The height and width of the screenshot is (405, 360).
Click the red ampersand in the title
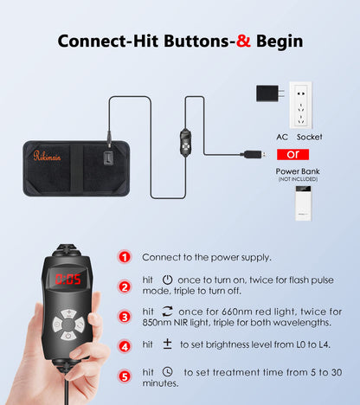coord(243,41)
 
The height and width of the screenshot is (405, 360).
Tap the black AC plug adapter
coord(270,93)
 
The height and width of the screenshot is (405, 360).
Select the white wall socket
coord(301,106)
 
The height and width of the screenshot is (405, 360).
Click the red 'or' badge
coord(292,154)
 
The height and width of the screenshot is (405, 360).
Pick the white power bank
coord(303,203)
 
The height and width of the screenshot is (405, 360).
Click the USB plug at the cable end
coord(253,154)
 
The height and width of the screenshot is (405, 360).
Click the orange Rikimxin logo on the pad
coord(47,156)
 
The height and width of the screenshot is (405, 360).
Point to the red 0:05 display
coord(68,280)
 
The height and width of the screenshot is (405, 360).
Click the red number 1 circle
coord(125,257)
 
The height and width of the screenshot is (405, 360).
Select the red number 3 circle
coord(125,317)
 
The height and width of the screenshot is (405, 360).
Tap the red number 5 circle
coord(125,376)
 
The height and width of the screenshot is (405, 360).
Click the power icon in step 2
coord(167,280)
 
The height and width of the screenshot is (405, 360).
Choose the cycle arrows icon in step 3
coord(167,312)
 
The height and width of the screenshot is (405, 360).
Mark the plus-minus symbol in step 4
coord(167,344)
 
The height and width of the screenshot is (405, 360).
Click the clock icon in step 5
coord(168,371)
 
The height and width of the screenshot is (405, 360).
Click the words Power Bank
coord(298,171)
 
